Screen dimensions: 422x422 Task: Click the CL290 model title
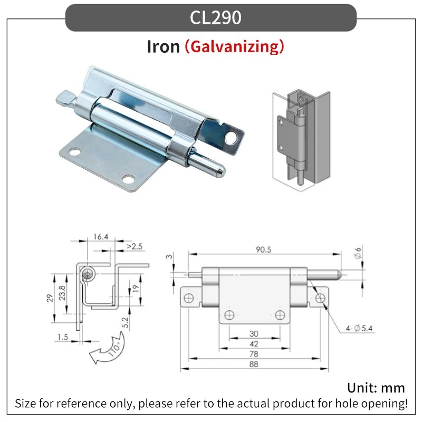pos(215,18)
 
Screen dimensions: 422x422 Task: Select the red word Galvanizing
pos(234,46)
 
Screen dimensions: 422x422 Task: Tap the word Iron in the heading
pos(164,46)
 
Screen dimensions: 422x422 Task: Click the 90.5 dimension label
pos(263,250)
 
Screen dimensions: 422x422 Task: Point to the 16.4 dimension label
pos(101,236)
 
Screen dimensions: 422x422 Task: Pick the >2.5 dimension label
pos(135,246)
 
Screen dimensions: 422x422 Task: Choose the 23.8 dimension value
pos(62,293)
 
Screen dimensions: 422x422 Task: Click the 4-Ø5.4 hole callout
pos(359,328)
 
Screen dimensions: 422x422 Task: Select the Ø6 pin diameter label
pos(358,253)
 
